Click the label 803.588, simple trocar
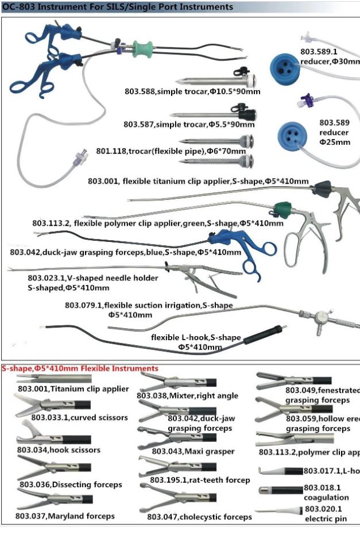pyautogui.click(x=192, y=91)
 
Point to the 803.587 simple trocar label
pyautogui.click(x=189, y=124)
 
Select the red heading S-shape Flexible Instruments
pyautogui.click(x=80, y=368)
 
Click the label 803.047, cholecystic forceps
pyautogui.click(x=199, y=517)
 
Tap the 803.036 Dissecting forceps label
pyautogui.click(x=71, y=484)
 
